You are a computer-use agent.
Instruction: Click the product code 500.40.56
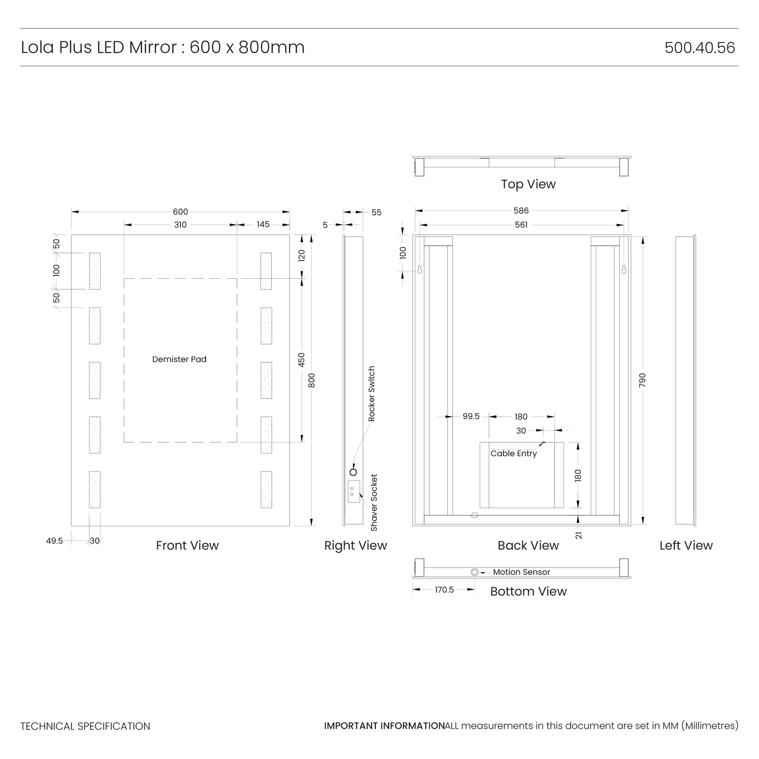tap(700, 48)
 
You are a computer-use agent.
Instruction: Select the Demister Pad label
tap(179, 359)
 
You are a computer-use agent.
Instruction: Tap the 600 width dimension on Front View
tap(180, 212)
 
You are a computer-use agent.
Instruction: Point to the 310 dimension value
tap(180, 225)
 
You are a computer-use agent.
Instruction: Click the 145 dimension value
tap(263, 224)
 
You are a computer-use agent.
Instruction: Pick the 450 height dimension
tap(301, 360)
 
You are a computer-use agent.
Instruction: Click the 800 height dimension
tap(312, 380)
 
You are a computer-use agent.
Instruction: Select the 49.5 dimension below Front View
tap(54, 541)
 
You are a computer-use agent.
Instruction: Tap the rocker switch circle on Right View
tap(353, 472)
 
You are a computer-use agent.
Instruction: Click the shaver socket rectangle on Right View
tap(354, 491)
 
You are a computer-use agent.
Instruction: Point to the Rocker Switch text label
tap(371, 394)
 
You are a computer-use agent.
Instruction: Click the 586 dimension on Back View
tap(521, 211)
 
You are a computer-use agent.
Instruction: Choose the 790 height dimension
tap(642, 380)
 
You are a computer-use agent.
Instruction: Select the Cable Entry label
tap(514, 454)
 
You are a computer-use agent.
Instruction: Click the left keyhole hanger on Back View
tap(420, 269)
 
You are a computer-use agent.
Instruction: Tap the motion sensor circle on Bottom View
tap(474, 572)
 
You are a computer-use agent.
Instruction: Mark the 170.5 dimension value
tap(444, 590)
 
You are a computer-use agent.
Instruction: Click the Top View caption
tap(528, 184)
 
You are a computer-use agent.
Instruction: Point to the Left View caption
tap(686, 546)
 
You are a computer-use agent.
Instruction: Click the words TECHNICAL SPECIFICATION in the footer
tap(85, 727)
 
